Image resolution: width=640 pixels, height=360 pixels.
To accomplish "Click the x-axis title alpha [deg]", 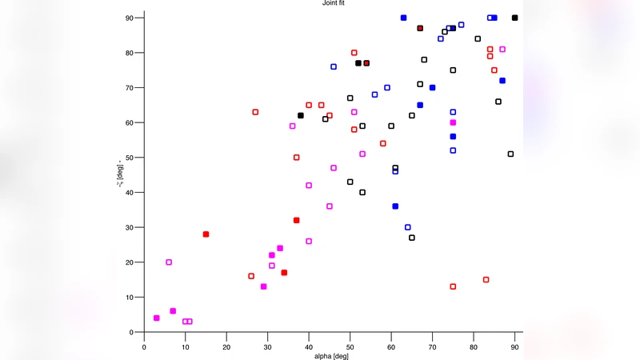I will tap(329, 355).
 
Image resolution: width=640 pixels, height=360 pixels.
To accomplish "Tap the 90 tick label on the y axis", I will tap(129, 18).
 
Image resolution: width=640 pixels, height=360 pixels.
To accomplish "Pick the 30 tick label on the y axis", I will tap(129, 227).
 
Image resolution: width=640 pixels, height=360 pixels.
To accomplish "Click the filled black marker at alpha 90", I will tap(514, 18).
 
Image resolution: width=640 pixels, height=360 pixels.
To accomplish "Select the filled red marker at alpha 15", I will tap(206, 234).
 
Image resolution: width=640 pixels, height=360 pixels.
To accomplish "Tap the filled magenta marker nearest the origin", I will tap(156, 318).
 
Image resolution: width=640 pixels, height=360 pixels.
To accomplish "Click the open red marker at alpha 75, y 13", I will tap(453, 286).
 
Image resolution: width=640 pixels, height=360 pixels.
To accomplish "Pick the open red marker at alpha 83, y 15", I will tap(486, 280).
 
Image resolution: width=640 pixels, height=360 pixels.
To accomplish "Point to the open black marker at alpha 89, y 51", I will tap(510, 154).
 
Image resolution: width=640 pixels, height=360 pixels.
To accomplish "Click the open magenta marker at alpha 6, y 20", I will tap(169, 262).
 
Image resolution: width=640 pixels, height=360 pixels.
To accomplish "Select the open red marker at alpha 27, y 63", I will tap(255, 112).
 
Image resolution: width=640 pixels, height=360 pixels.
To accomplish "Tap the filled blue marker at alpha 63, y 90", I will tap(403, 18).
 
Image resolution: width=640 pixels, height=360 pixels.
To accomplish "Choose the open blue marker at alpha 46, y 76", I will tap(334, 66).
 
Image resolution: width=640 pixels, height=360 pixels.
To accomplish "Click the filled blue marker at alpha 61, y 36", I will tap(395, 206).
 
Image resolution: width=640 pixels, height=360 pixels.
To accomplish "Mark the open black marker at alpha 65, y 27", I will tap(412, 238).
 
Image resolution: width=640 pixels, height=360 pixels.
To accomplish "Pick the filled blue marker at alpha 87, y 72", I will tap(502, 81).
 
